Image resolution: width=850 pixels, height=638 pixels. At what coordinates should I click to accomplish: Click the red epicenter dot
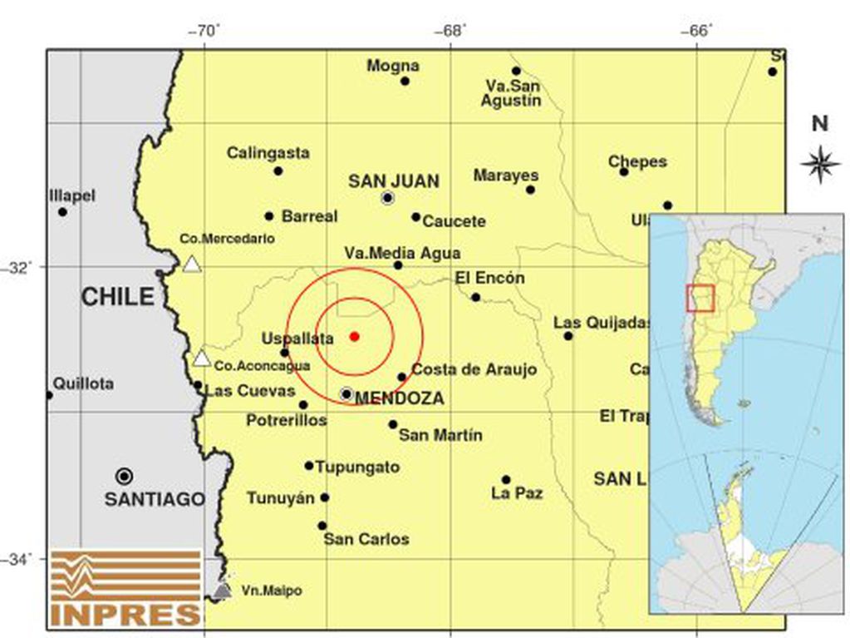click(x=355, y=336)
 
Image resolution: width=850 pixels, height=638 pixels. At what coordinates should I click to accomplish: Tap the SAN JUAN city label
click(x=393, y=181)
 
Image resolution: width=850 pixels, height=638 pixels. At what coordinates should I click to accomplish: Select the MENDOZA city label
click(x=399, y=399)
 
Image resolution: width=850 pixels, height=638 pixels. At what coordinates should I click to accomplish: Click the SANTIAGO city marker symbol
click(x=125, y=476)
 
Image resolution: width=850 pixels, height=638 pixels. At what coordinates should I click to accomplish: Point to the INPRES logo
click(x=125, y=587)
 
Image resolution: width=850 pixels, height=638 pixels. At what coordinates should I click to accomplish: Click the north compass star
click(x=820, y=163)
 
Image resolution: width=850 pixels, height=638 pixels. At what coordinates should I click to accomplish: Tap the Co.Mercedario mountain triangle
click(x=192, y=264)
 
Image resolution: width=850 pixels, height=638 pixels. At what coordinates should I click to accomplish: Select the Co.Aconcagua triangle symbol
click(x=201, y=359)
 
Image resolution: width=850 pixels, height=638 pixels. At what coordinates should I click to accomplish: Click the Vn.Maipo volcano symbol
click(x=222, y=590)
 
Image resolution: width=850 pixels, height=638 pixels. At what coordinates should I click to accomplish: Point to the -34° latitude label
click(x=19, y=560)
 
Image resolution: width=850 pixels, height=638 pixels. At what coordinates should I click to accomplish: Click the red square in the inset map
click(x=700, y=298)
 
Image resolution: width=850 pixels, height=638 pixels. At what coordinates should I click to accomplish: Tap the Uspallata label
click(x=297, y=339)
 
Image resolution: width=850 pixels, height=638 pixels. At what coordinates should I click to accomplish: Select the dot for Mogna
click(x=405, y=81)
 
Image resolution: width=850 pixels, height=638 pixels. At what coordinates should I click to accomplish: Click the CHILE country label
click(x=118, y=297)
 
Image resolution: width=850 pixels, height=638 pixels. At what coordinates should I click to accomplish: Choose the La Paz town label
click(x=517, y=493)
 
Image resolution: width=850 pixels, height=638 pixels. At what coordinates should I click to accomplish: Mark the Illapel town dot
click(x=62, y=211)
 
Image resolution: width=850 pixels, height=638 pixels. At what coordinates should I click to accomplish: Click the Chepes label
click(x=637, y=161)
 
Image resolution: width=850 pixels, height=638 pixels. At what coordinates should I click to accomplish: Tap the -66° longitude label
click(x=696, y=32)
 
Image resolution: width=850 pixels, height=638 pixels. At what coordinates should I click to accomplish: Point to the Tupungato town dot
click(x=309, y=466)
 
